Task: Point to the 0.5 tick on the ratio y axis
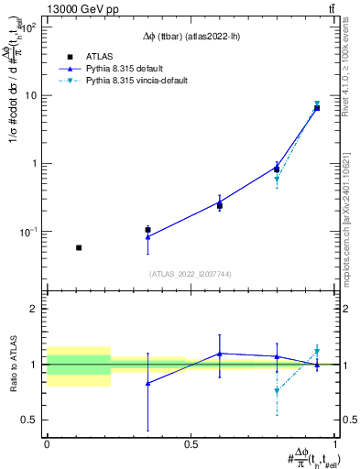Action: point(31,420)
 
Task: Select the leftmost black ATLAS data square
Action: point(79,247)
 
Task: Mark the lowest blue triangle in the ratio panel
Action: point(147,384)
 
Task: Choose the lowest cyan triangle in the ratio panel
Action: point(277,391)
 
